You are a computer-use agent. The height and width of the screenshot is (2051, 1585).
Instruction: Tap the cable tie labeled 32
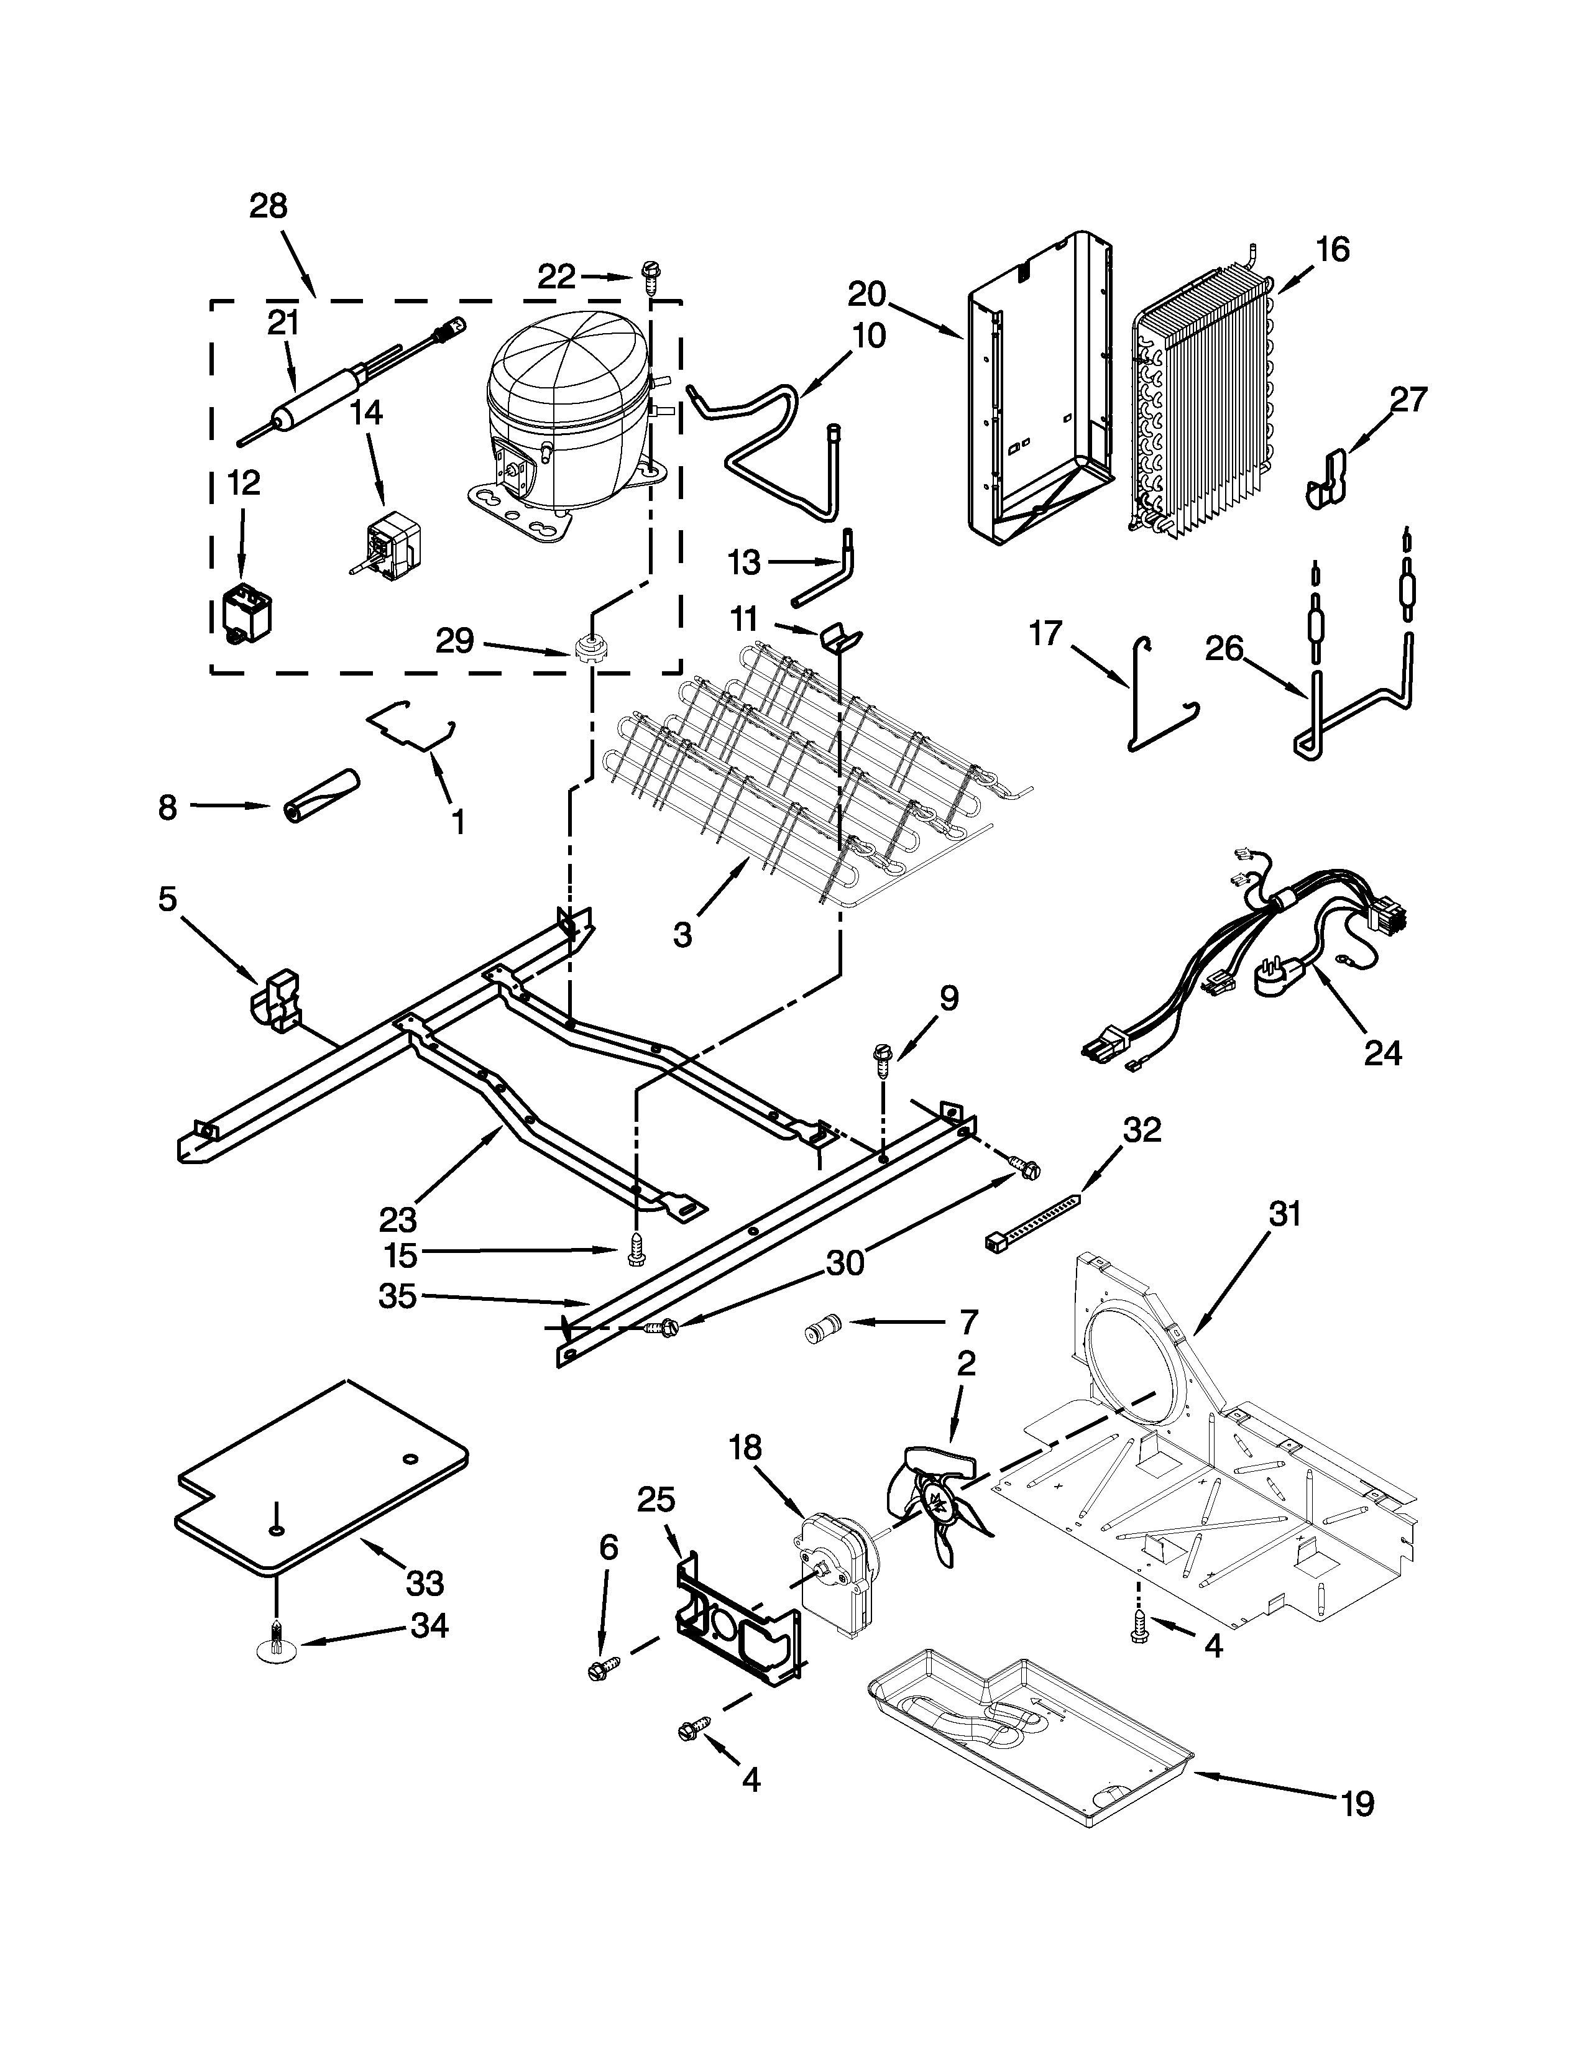(1033, 1221)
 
